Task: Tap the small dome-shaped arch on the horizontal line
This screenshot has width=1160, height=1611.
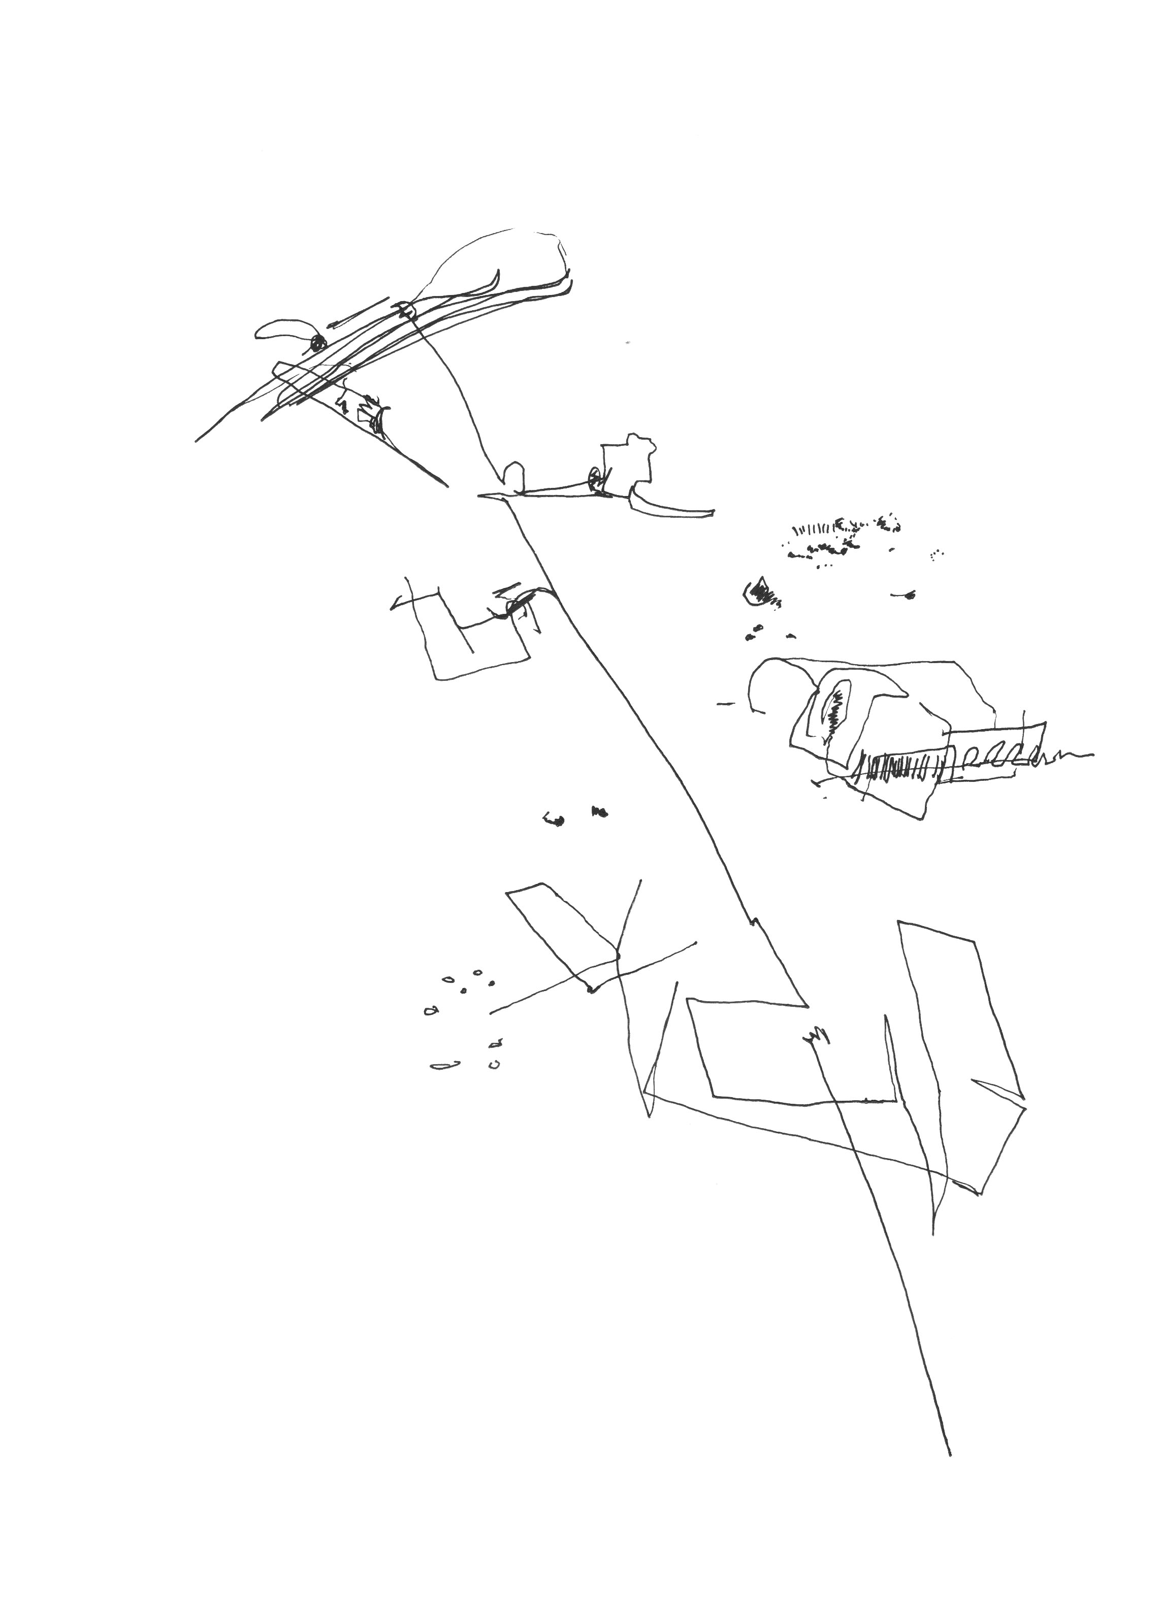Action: pyautogui.click(x=513, y=475)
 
